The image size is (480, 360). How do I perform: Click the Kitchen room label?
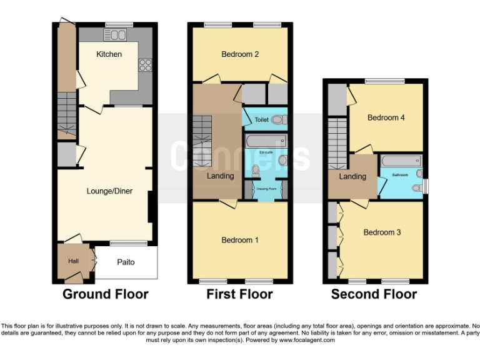tap(109, 54)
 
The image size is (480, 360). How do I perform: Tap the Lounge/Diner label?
tap(109, 191)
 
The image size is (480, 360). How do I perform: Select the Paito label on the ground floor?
tap(126, 262)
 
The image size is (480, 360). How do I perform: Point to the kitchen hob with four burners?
tap(145, 65)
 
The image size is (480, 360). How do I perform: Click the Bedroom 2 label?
tap(240, 54)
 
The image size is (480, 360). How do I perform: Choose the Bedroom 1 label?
tap(240, 240)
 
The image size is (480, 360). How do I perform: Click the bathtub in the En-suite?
tap(265, 142)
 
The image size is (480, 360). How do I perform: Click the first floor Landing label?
tap(221, 176)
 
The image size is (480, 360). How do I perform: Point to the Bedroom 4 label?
tap(386, 117)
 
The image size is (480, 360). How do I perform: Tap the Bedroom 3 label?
tap(382, 232)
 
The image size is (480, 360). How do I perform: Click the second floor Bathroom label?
tap(400, 176)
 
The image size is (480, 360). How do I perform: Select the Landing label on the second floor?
tap(352, 177)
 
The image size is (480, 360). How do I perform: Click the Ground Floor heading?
tap(105, 294)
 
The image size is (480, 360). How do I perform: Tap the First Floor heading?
tap(239, 294)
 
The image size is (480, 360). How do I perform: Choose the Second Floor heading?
tap(374, 294)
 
